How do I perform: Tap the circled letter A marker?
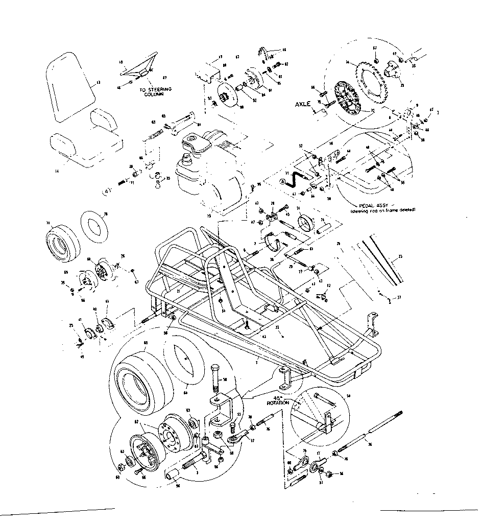282,180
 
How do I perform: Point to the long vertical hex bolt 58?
215,378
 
